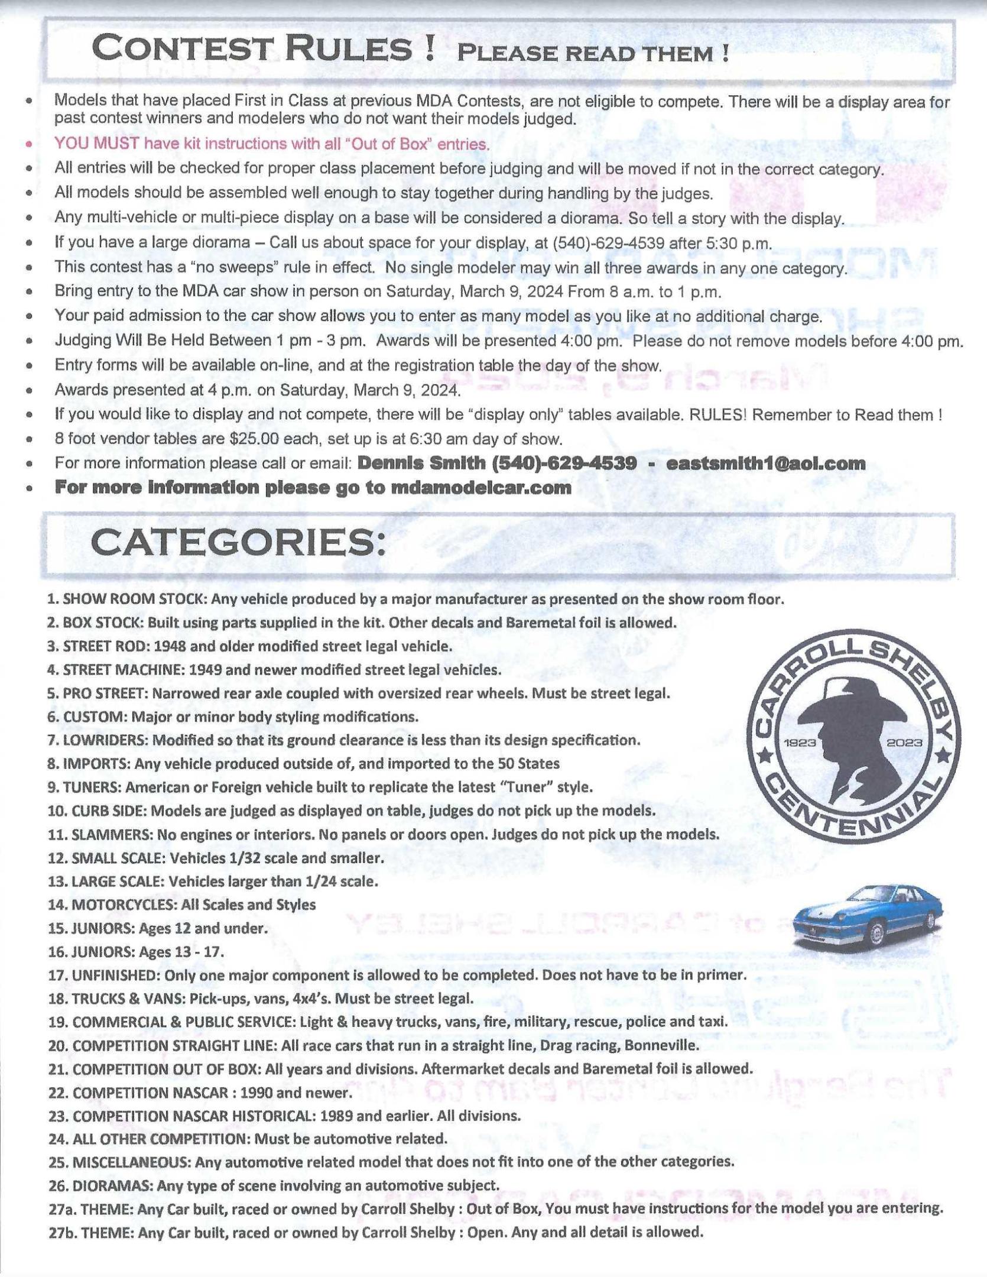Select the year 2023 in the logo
[904, 742]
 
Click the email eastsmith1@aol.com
[765, 464]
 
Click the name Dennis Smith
[421, 464]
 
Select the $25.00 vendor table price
[244, 439]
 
